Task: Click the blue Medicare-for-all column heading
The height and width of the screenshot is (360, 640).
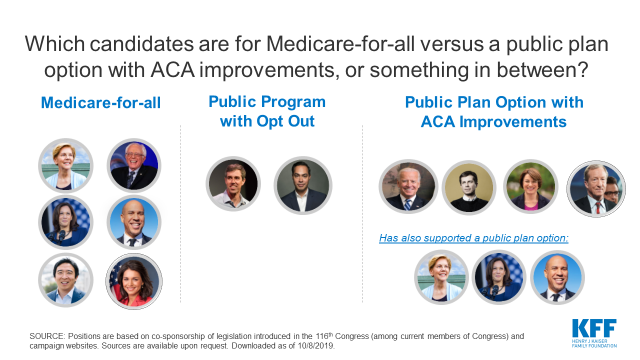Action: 101,102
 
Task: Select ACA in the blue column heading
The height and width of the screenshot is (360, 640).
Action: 437,122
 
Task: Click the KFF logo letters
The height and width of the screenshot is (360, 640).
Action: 594,328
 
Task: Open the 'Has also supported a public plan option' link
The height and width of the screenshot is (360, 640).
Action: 473,238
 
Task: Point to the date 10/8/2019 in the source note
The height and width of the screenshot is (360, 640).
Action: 315,345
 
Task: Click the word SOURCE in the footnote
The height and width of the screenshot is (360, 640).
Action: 47,336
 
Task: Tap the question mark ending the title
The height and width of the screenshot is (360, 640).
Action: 582,69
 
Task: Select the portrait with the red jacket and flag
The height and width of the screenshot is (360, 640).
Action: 134,281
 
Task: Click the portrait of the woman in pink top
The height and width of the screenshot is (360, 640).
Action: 530,186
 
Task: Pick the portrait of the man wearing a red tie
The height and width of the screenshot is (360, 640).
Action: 596,189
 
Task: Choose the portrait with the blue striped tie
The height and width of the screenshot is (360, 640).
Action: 408,186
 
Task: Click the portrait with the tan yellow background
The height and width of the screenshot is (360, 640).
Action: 469,187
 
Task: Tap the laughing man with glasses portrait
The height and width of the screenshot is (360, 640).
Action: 134,165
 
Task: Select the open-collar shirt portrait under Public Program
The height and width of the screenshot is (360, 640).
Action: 233,183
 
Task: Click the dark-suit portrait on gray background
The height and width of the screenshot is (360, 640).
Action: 303,185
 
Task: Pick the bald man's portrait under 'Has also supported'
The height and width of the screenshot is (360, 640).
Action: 557,277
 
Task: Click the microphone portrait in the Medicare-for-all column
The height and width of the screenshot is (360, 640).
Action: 65,222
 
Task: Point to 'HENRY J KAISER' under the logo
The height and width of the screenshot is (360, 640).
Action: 589,341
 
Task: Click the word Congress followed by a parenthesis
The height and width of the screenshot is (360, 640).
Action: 353,336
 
